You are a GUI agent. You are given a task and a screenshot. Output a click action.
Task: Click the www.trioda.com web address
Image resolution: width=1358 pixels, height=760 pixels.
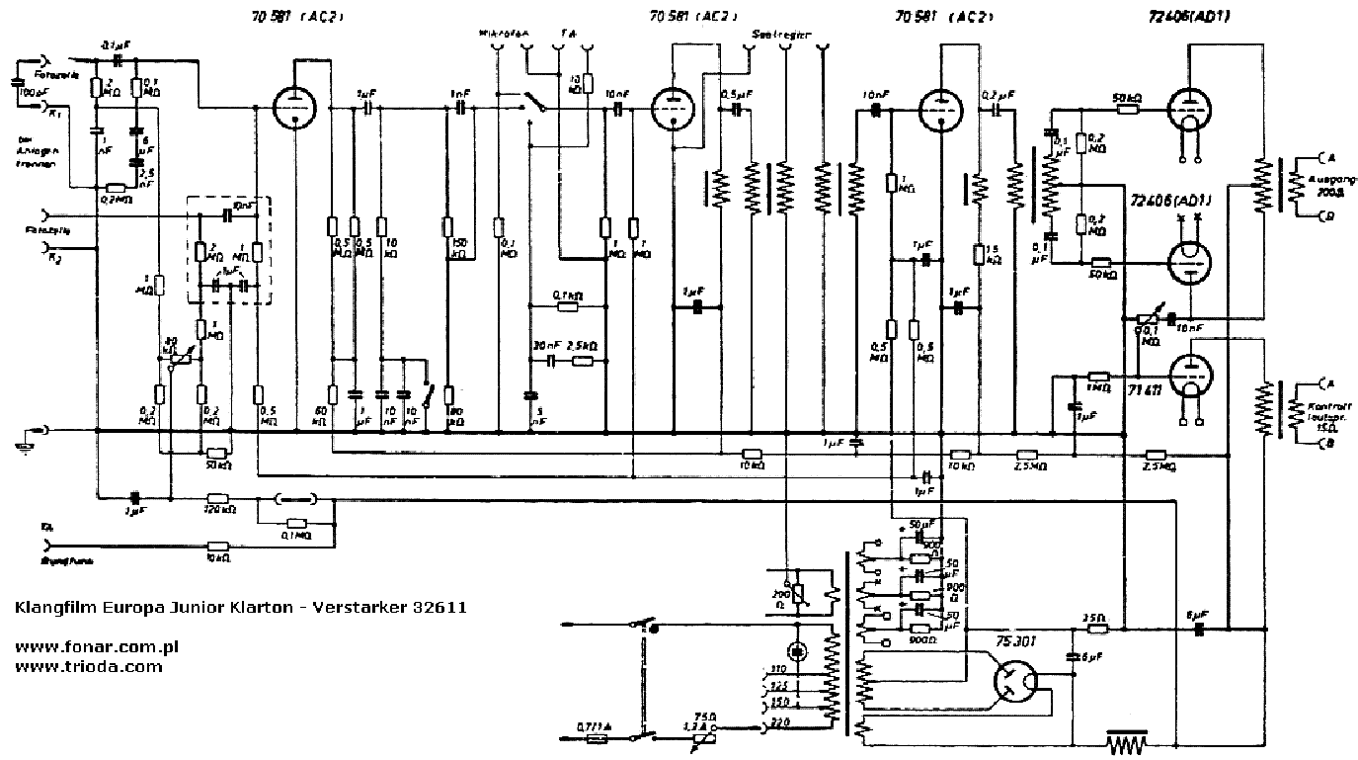tap(89, 666)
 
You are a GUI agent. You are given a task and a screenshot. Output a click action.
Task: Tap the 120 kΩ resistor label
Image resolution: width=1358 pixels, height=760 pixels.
tap(218, 512)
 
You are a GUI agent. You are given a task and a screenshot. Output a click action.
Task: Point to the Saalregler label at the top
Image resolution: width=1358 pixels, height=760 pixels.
tap(781, 34)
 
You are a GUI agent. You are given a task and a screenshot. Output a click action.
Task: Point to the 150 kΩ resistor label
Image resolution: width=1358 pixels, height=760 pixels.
tap(458, 247)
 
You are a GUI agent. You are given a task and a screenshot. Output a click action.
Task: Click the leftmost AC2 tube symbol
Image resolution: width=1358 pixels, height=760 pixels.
tap(293, 107)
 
